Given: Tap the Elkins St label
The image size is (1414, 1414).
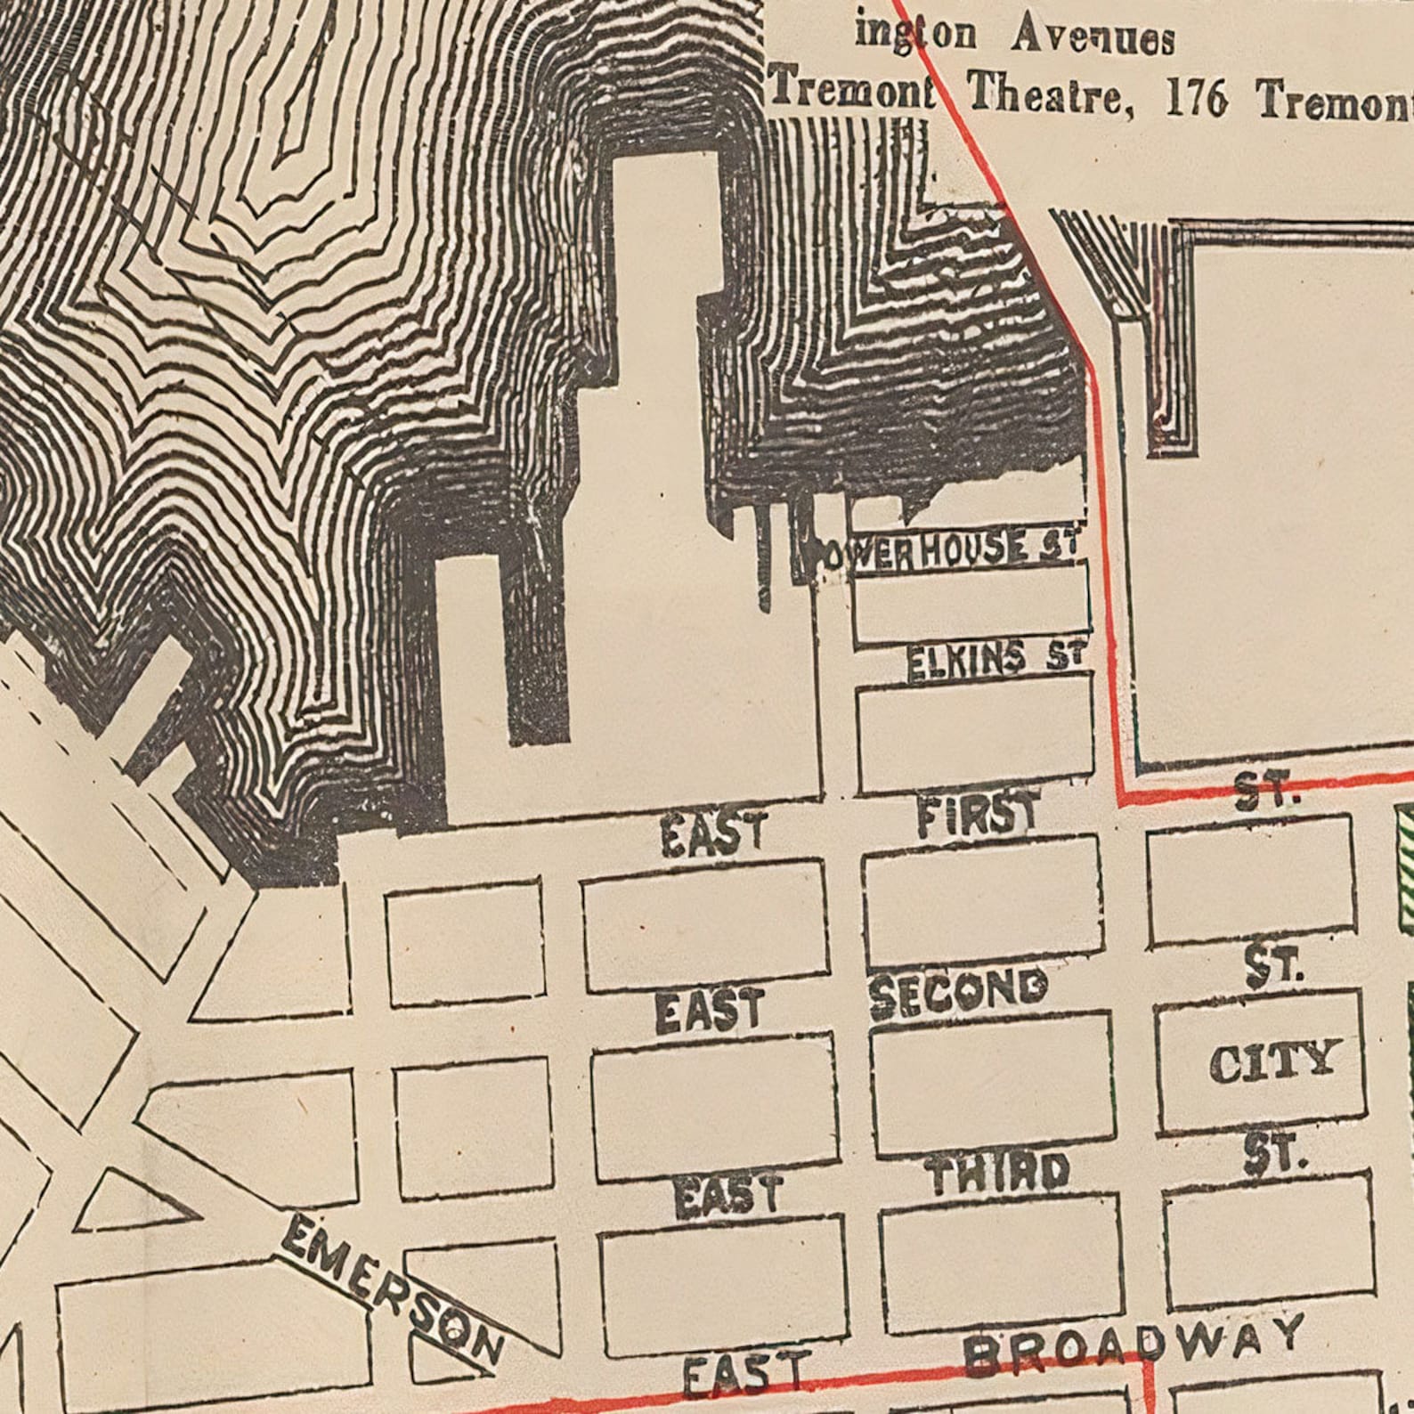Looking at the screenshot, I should [x=995, y=661].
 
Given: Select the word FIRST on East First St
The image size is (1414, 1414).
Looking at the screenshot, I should [x=977, y=814].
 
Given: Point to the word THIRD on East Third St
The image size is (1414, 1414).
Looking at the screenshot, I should [x=998, y=1174].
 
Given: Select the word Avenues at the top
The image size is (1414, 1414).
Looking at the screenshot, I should [x=1093, y=38].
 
